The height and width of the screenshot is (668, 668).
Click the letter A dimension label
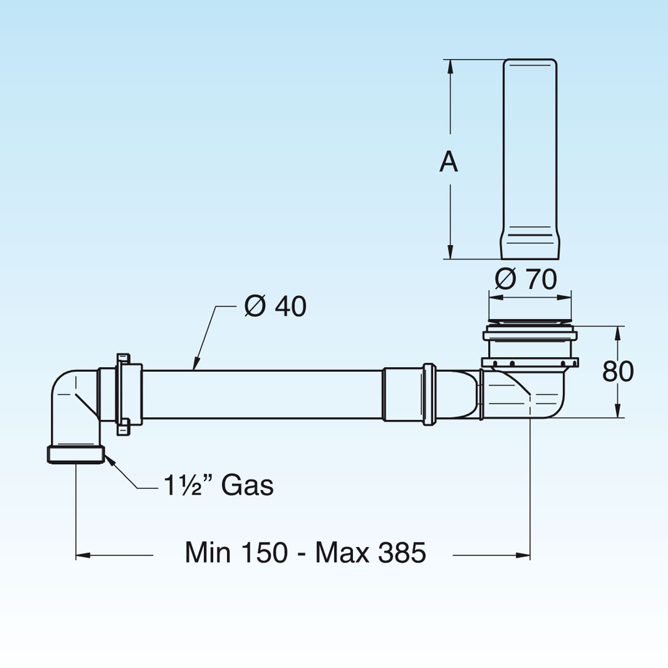[x=449, y=162]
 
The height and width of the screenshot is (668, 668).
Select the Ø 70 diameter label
[x=525, y=279]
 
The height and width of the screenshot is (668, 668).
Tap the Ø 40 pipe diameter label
[x=275, y=306]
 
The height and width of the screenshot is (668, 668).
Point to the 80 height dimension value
[x=618, y=371]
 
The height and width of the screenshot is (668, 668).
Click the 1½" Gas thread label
[x=218, y=485]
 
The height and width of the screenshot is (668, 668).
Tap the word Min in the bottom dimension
[x=208, y=553]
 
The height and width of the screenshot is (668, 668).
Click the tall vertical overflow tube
[x=529, y=150]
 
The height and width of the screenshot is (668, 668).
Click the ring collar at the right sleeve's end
[x=428, y=394]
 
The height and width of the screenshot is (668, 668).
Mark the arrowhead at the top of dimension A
[x=450, y=64]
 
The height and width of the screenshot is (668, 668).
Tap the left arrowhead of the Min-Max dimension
[x=81, y=554]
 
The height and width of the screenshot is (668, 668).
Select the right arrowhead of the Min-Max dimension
[x=524, y=554]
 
